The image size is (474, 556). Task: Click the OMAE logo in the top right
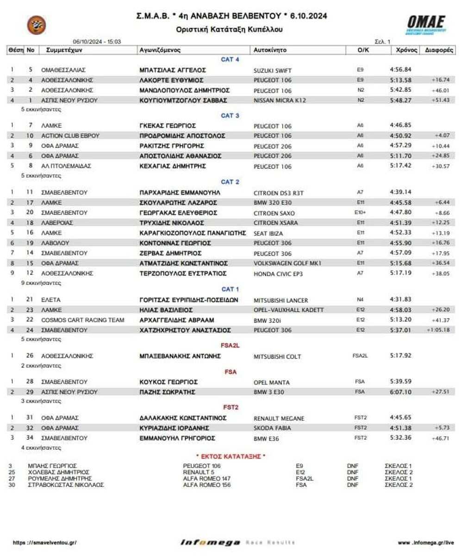426,23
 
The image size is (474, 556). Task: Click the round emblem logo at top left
37,25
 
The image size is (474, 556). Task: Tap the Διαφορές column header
438,50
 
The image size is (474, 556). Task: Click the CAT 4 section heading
230,59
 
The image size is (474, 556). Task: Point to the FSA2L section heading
230,345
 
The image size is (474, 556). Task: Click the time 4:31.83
400,299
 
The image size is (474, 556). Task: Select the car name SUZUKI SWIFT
273,70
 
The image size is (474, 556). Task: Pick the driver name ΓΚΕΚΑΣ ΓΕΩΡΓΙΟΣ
168,126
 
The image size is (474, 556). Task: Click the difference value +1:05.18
438,330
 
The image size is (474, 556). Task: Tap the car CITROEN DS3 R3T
279,193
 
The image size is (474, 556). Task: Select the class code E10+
360,213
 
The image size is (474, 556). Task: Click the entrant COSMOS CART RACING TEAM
83,320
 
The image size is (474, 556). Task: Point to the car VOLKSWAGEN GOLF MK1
287,263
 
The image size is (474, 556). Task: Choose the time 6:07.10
400,392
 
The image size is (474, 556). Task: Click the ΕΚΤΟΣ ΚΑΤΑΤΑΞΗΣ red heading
231,456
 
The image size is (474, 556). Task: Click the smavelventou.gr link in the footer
44,543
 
